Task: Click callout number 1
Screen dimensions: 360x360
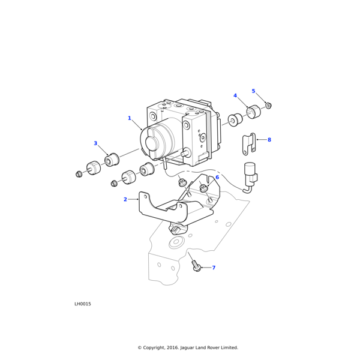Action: (129, 118)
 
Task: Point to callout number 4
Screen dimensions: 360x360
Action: (235, 96)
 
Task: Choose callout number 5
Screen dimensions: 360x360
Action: (253, 91)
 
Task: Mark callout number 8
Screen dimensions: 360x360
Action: (269, 140)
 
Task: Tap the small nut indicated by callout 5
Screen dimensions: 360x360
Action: (269, 106)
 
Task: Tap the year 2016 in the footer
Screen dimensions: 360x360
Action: (181, 347)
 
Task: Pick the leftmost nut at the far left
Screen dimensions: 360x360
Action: (79, 174)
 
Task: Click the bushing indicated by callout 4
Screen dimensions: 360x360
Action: (253, 112)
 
